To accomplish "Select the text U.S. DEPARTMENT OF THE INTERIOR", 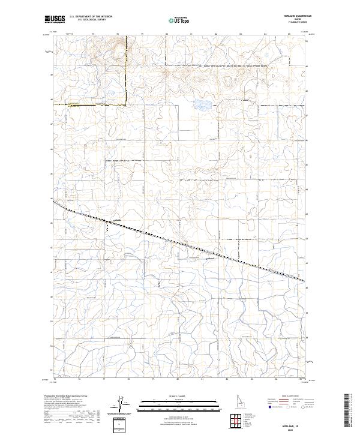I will click(91, 17).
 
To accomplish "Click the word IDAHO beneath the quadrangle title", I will click(299, 20).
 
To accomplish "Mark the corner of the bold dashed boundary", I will click(125, 103).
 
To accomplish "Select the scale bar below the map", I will click(179, 401).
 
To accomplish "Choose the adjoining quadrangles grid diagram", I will click(235, 418).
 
